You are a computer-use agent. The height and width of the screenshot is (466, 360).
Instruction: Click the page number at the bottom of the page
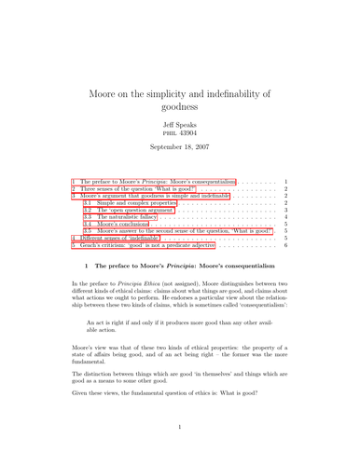(180, 451)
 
